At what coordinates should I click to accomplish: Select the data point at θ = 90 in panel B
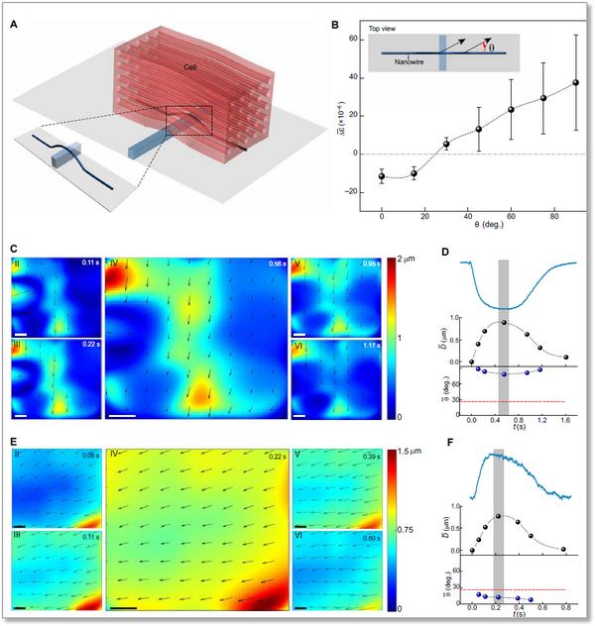(575, 82)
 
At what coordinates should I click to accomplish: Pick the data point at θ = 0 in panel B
(382, 176)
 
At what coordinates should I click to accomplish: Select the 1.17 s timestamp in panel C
(370, 347)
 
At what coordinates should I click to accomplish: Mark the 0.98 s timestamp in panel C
(370, 264)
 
